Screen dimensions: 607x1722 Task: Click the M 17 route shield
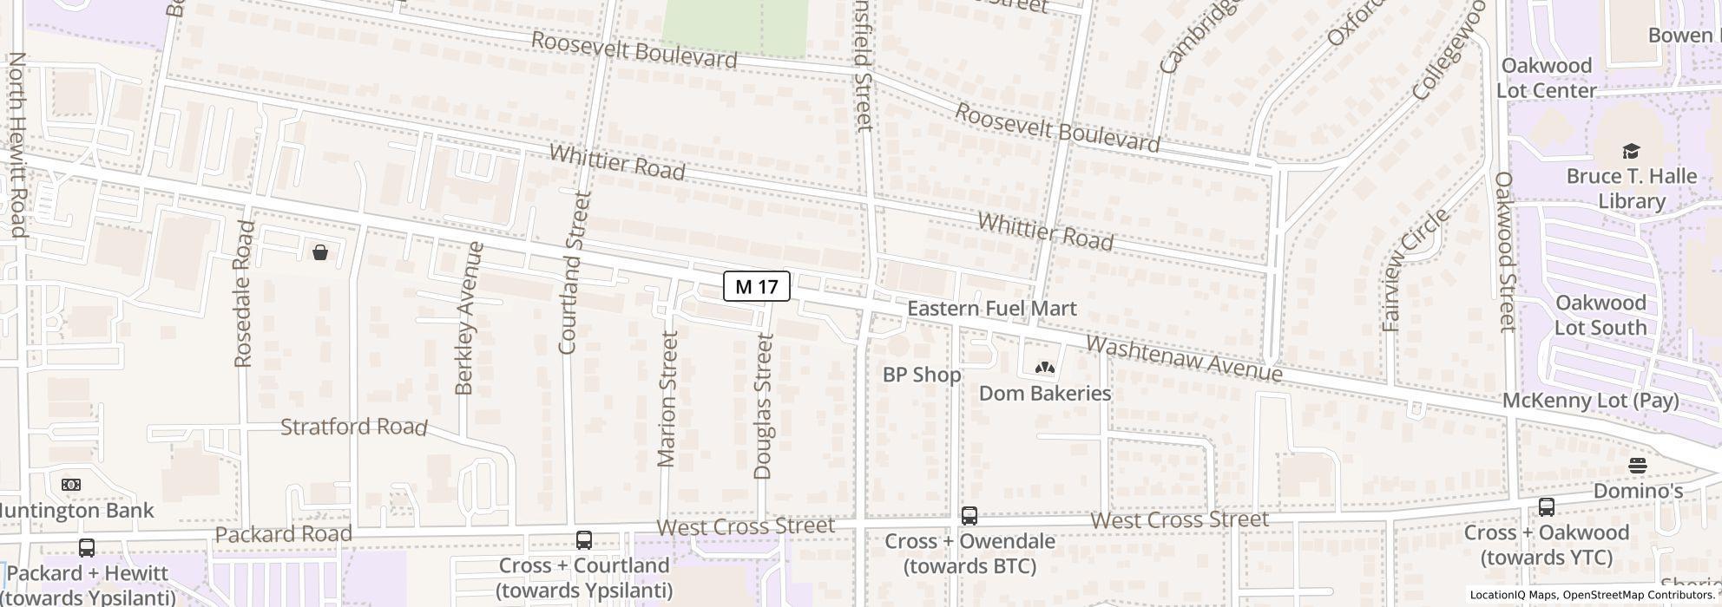pos(756,286)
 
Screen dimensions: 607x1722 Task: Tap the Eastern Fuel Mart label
pos(991,309)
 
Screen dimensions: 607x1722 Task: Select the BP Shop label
pos(921,375)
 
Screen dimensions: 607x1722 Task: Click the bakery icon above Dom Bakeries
pos(1044,368)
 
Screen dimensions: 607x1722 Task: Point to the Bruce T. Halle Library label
pos(1631,189)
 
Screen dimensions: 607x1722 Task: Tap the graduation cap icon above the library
pos(1631,151)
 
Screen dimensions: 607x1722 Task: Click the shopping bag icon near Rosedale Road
pos(320,252)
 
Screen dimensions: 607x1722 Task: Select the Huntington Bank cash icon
pos(71,485)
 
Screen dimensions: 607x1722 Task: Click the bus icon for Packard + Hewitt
pos(87,548)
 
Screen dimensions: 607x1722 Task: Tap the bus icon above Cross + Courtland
pos(584,540)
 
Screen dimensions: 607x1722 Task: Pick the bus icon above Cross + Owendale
pos(969,516)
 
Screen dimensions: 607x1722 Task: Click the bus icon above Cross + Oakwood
pos(1546,507)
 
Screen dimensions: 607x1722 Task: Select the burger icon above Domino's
pos(1638,466)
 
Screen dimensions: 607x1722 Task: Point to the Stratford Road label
pos(354,427)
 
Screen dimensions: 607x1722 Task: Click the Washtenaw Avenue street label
pos(1184,359)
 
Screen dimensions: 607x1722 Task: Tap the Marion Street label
pos(667,399)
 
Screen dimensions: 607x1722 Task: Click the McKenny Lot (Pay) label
pos(1590,401)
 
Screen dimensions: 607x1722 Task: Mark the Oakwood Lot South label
pos(1600,316)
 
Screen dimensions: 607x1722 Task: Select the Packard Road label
pos(283,534)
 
